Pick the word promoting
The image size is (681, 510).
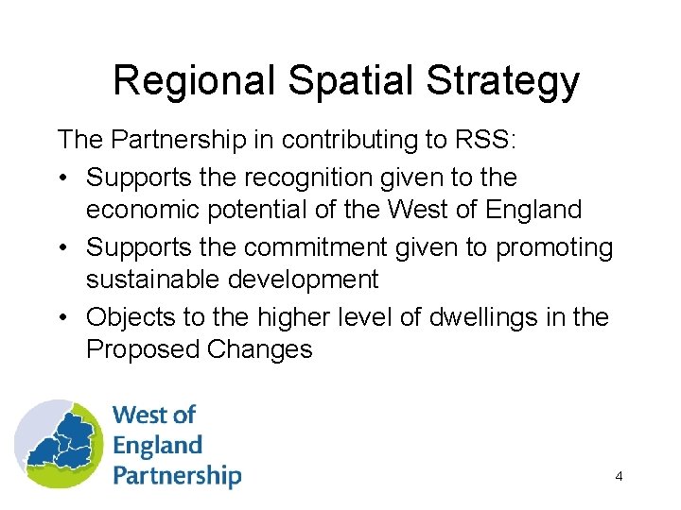[555, 247]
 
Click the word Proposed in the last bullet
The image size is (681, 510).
[142, 349]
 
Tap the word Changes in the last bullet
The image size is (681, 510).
[259, 349]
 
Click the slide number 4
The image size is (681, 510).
[619, 476]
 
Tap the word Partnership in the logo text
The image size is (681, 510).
[177, 475]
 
